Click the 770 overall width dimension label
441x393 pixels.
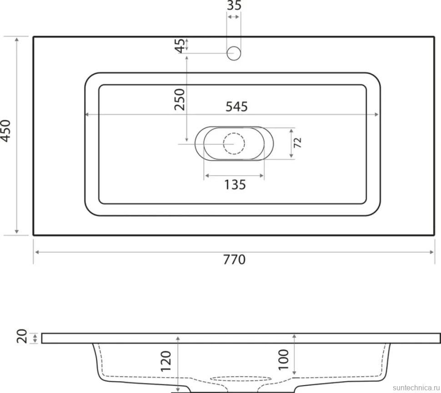tap(234, 260)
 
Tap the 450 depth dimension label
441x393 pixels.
tap(6, 131)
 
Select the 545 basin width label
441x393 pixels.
tap(236, 107)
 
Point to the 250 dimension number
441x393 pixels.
tap(180, 99)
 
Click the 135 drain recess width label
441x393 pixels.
tap(235, 185)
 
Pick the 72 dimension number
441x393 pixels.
tap(298, 143)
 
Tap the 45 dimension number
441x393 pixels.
tap(180, 46)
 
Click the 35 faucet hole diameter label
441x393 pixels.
tap(234, 5)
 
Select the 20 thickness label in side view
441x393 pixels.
tap(22, 336)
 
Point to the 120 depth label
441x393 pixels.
tap(165, 361)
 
